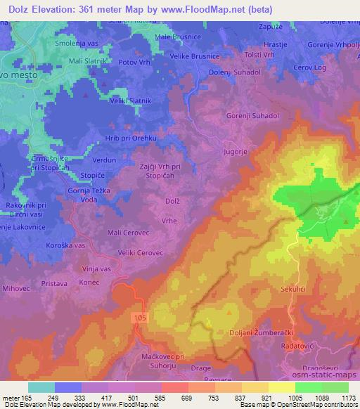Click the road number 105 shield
(141, 318)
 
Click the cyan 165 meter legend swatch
(41, 387)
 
